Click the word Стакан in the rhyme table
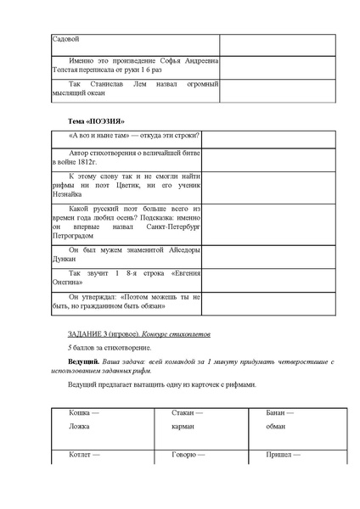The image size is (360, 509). coord(183,413)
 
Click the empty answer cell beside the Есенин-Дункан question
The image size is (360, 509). coord(267,256)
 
